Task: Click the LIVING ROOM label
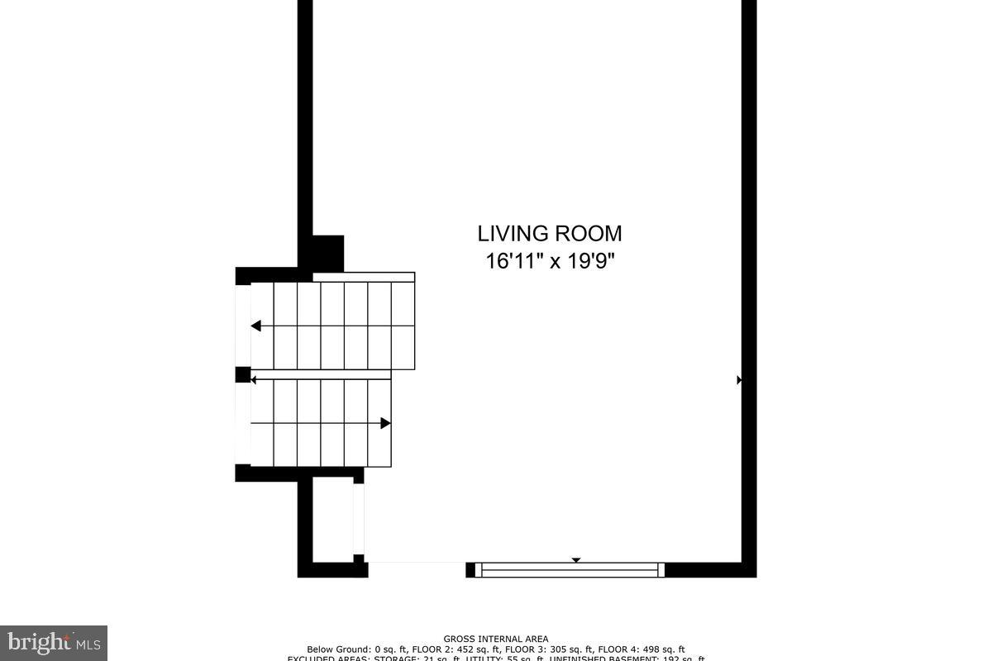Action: (x=549, y=234)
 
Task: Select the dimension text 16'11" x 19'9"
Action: (x=549, y=262)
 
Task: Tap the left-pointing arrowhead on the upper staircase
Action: (x=256, y=326)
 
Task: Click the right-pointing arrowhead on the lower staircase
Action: (x=385, y=423)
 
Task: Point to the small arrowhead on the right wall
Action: (x=740, y=380)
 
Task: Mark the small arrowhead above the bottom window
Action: (x=576, y=560)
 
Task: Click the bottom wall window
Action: (x=570, y=569)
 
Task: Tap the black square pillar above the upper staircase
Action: (x=327, y=253)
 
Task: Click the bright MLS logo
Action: (x=54, y=642)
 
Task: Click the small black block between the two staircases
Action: (x=243, y=375)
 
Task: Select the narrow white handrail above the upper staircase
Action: (x=364, y=277)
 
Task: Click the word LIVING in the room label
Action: (x=512, y=234)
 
